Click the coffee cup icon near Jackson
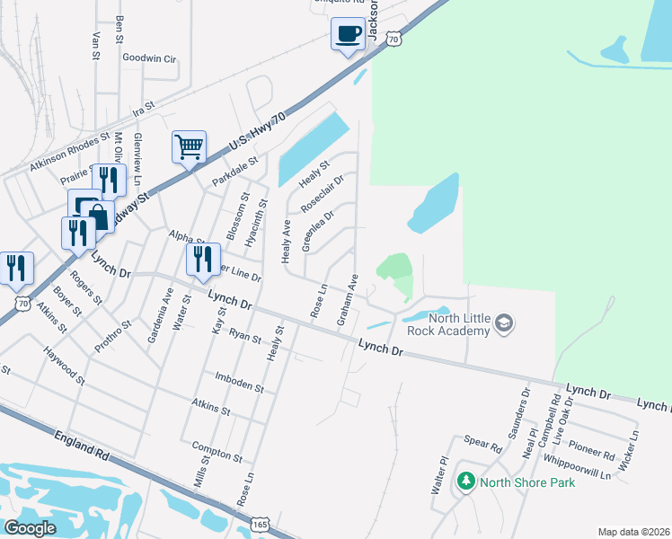347,35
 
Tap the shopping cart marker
189,146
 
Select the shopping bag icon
97,216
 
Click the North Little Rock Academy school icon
505,323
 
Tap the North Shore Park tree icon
465,482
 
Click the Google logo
30,528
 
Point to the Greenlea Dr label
318,231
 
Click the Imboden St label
240,383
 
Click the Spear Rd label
482,444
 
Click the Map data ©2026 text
632,531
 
